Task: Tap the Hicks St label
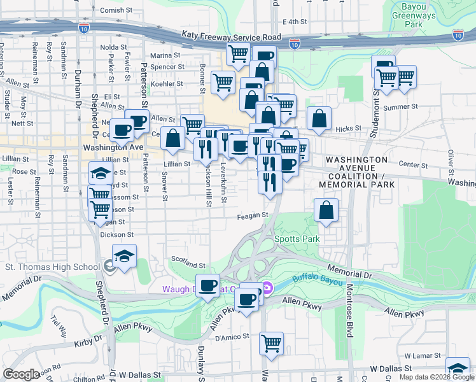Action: [348, 128]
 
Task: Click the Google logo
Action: [21, 374]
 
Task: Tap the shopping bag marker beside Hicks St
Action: [319, 118]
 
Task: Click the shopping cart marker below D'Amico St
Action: [271, 343]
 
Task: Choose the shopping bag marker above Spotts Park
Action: [326, 210]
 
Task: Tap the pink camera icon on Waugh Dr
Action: [268, 289]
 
